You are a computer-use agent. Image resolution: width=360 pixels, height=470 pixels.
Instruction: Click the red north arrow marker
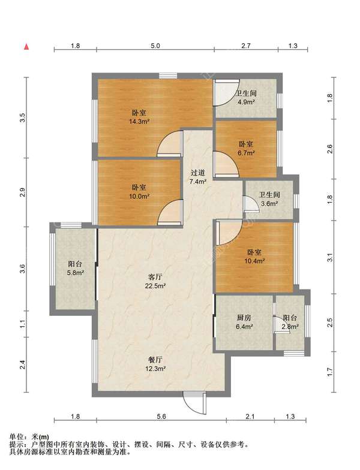point(26,47)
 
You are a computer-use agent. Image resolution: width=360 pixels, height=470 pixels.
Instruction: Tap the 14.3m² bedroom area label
point(139,117)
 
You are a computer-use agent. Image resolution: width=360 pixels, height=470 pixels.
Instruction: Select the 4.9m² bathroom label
point(246,98)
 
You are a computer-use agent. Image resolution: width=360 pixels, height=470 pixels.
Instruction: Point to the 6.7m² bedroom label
point(246,149)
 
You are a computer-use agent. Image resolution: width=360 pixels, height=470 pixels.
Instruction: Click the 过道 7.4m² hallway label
point(198,177)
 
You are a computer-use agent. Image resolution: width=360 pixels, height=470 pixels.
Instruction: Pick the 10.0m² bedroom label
point(139,192)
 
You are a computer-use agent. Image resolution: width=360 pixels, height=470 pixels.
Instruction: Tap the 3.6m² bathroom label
point(269,199)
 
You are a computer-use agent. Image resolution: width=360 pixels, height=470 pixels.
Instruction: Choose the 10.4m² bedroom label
point(254,257)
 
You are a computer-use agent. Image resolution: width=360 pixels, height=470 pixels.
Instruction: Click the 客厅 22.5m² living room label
point(155,281)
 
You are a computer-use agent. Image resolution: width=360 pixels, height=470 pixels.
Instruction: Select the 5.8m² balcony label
point(75,269)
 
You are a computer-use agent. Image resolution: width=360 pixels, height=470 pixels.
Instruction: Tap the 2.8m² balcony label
point(290,323)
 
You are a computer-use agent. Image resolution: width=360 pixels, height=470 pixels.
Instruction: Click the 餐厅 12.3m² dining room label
point(155,364)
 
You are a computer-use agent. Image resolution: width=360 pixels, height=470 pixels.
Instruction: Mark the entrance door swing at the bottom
point(195,403)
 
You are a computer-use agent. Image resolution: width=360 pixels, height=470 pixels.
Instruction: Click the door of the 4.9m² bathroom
point(227,93)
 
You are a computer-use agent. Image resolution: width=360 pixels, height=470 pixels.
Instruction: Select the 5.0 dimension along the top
point(155,46)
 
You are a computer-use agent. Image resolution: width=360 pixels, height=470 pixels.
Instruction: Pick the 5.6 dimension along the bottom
point(161,416)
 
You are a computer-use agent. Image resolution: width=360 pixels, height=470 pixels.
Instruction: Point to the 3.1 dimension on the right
point(330,258)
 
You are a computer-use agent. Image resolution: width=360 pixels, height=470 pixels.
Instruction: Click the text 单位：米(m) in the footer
point(29,438)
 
